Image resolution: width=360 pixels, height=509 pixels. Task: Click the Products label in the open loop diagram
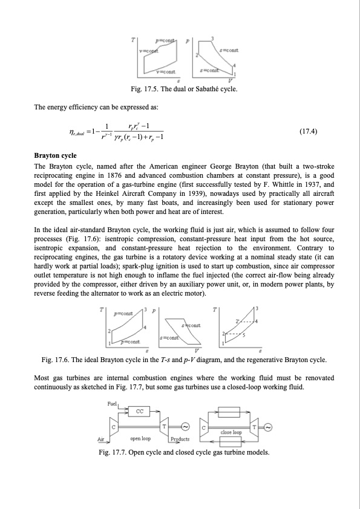[x=180, y=439]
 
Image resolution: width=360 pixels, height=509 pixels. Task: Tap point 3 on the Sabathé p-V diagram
[x=212, y=39]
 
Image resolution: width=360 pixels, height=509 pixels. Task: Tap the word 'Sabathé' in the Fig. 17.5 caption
[x=209, y=89]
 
